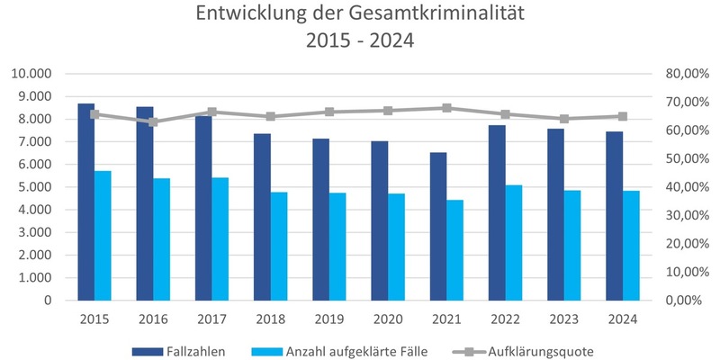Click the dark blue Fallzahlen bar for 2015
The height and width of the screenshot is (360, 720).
[85, 202]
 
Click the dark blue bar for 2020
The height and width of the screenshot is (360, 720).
[379, 220]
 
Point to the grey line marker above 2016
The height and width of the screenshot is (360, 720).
[153, 121]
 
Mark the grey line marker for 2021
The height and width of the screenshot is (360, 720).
[446, 108]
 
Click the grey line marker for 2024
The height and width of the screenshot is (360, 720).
[623, 116]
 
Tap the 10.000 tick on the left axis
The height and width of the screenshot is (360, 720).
[32, 74]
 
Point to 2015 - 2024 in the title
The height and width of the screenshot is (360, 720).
[360, 42]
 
